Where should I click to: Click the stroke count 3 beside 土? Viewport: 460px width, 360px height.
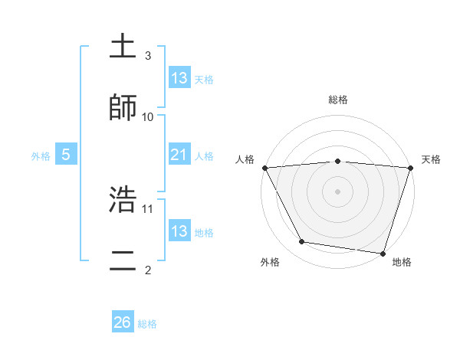148,56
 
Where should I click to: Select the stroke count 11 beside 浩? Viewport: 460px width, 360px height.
148,208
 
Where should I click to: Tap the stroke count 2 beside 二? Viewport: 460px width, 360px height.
148,269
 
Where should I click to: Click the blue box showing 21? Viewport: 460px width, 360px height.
179,155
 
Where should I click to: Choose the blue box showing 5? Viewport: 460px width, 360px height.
66,155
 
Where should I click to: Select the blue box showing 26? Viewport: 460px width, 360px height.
123,322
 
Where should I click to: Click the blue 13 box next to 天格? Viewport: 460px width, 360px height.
179,78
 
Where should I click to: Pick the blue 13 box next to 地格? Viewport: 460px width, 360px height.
179,231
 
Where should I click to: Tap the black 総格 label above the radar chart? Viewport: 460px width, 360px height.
338,100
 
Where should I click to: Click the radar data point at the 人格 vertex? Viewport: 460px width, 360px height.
264,168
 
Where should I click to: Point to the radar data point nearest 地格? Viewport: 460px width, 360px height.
383,253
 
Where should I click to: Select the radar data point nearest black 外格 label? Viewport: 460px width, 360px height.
302,242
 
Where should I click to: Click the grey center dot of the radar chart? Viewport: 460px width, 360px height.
337,191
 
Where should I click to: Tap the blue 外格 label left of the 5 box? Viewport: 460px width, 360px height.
41,155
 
